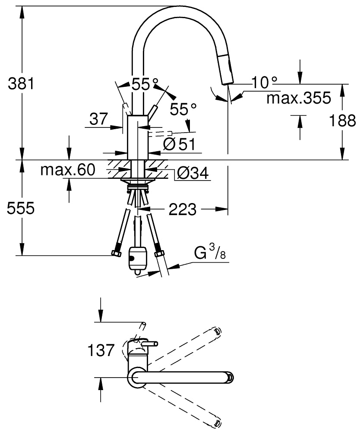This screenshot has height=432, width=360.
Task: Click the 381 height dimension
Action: (21, 83)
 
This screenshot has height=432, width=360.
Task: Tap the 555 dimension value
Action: (21, 208)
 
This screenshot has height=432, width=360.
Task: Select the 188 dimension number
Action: (343, 121)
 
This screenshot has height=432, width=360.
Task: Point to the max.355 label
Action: (299, 98)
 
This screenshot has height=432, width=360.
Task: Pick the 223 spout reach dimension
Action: (183, 210)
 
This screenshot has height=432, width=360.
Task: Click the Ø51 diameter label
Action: (179, 144)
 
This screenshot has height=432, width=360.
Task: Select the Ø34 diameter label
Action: (193, 173)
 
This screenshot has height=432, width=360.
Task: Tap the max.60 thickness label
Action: (68, 170)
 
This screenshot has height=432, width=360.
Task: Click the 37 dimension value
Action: (98, 119)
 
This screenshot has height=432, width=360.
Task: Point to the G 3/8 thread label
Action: (210, 253)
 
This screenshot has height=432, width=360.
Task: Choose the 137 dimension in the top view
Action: (101, 350)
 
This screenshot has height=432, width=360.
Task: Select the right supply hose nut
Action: (159, 253)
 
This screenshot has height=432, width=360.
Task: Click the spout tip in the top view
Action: (230, 377)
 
